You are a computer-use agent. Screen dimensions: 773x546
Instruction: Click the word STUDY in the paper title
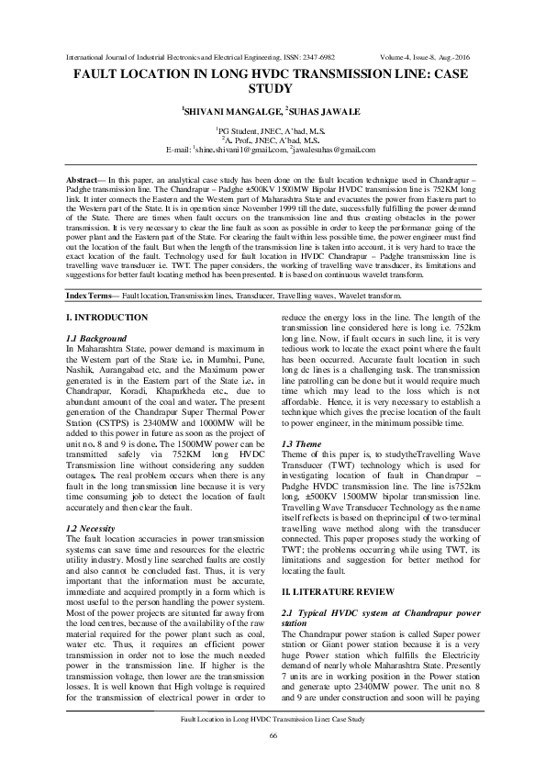273,90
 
